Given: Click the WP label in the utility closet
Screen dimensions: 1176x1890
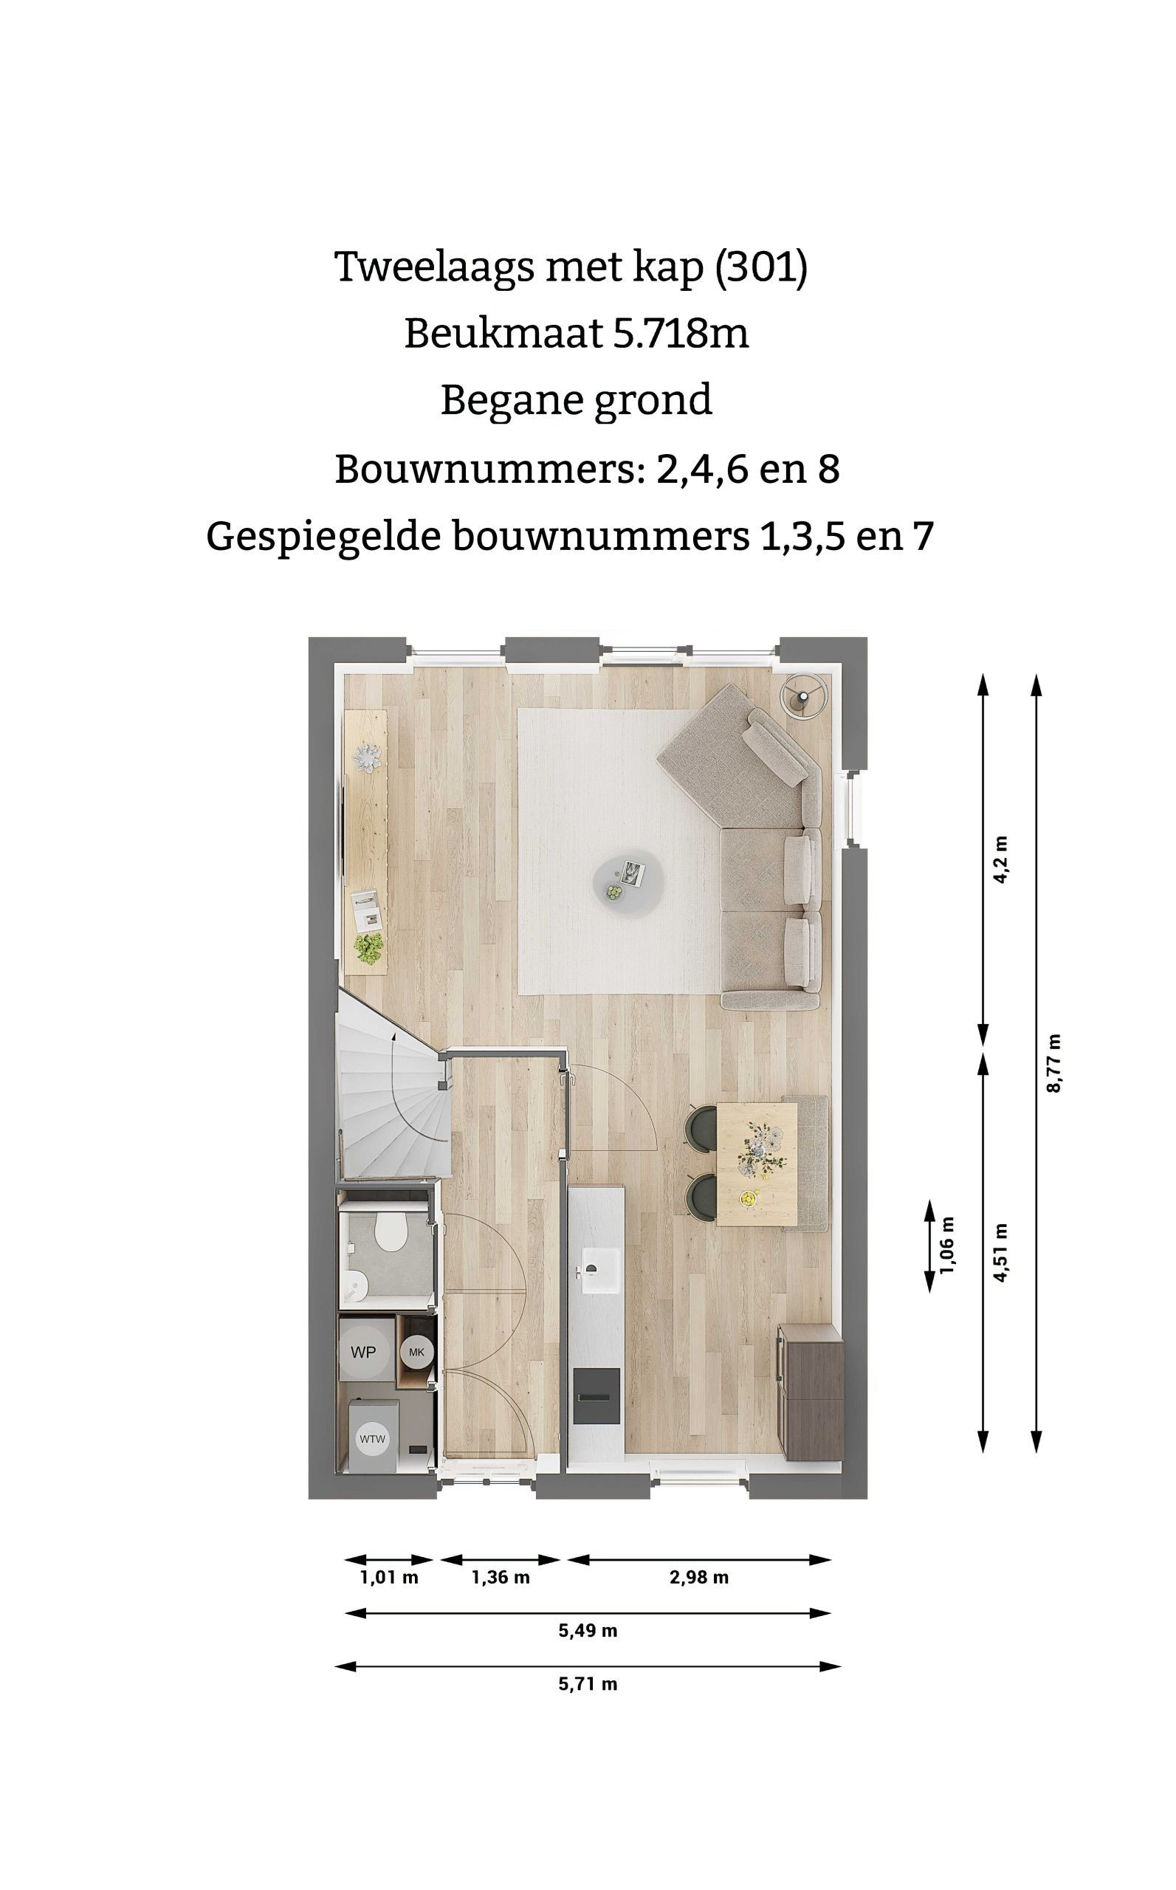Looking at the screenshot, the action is click(x=363, y=1352).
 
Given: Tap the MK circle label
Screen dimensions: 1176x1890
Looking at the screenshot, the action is click(x=417, y=1352).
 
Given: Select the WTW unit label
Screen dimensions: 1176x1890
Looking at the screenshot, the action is click(x=373, y=1440).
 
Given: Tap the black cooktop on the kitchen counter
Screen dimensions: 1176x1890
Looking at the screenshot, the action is click(x=596, y=1397).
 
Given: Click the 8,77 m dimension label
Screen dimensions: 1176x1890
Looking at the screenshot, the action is click(x=1055, y=1063).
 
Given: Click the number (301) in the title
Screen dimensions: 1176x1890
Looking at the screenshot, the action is click(x=761, y=267).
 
